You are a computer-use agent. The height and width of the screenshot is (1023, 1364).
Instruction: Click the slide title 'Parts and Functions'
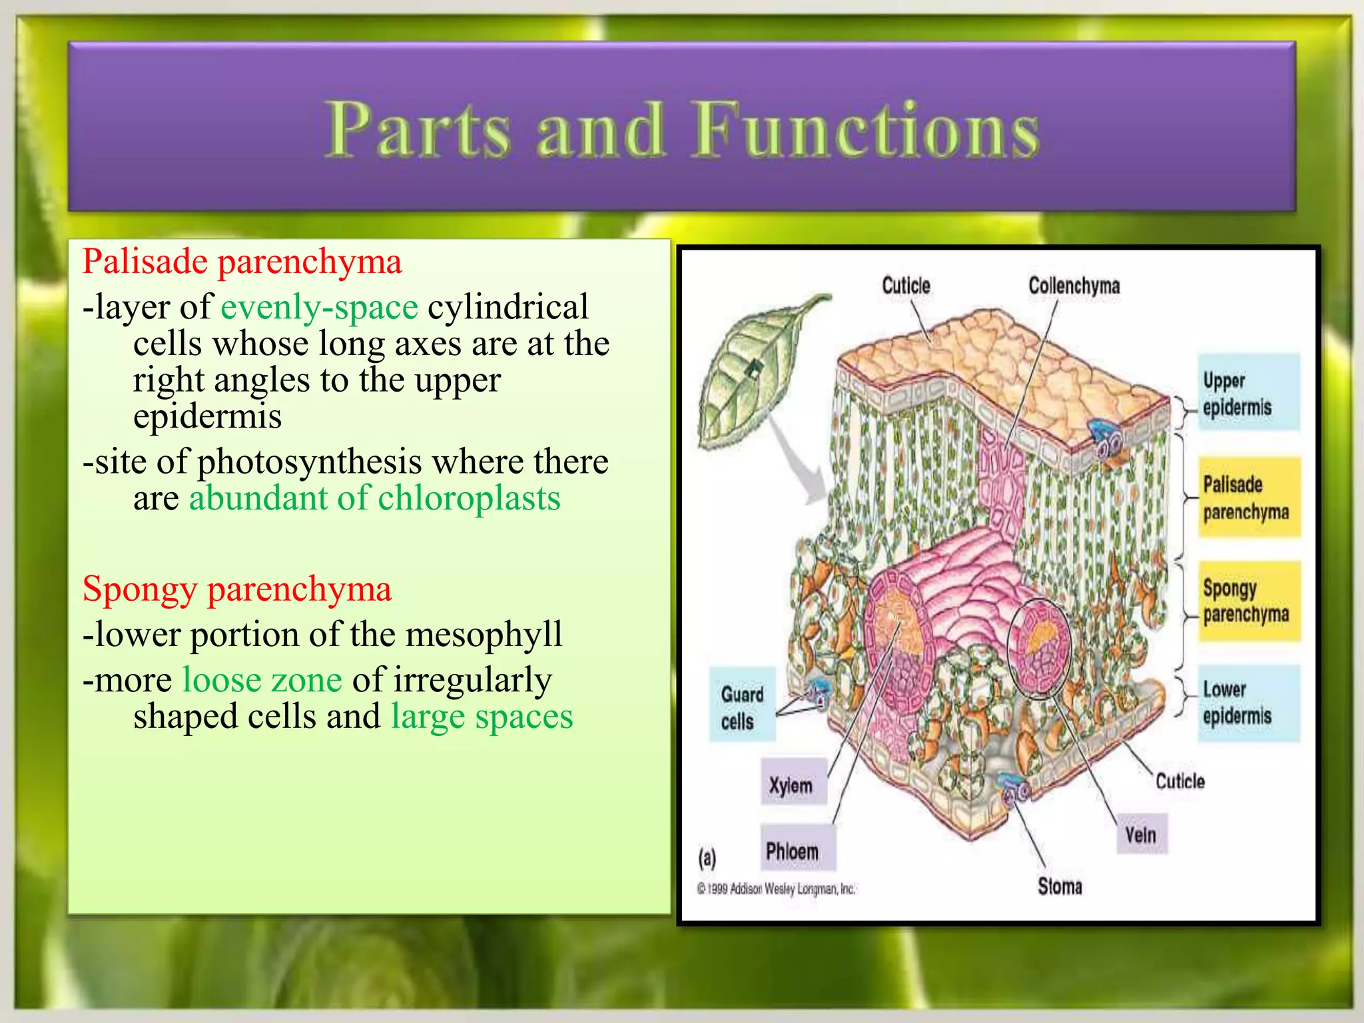tap(682, 130)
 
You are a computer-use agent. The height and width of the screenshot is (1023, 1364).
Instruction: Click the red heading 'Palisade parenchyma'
tap(242, 261)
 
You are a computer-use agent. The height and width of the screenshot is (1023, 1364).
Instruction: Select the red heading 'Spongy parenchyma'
tap(237, 589)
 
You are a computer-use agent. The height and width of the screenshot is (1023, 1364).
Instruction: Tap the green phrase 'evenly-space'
tap(319, 307)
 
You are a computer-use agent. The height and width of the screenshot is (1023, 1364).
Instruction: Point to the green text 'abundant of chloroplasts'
tap(374, 498)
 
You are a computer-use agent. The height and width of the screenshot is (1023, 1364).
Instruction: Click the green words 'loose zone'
tap(262, 680)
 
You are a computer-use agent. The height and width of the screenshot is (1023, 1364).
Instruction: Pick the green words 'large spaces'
tap(482, 717)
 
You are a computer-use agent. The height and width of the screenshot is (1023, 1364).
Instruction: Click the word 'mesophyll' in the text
tap(484, 634)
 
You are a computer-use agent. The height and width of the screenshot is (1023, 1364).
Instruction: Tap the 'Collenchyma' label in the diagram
tap(1074, 286)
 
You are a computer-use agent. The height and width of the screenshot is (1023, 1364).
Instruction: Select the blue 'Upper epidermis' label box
tap(1248, 393)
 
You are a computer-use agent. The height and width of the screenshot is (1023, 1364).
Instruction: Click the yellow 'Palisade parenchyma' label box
tap(1248, 498)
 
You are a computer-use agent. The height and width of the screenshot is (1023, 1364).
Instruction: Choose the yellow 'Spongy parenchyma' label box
tap(1248, 601)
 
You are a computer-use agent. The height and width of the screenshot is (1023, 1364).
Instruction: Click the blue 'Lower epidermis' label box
tap(1248, 703)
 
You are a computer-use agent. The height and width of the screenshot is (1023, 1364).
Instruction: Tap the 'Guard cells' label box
tap(742, 707)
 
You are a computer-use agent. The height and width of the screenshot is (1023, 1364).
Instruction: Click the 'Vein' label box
tap(1141, 834)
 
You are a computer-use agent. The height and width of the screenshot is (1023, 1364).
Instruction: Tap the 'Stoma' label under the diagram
tap(1060, 886)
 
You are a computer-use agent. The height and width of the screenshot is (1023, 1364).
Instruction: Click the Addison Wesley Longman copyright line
tap(776, 888)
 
